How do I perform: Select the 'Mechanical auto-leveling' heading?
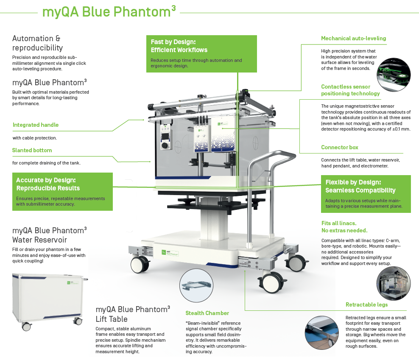click(353, 39)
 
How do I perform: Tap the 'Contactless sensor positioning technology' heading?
click(350, 90)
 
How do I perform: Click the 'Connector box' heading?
click(339, 148)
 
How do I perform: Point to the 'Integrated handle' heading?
click(36, 125)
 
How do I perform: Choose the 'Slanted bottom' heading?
click(32, 151)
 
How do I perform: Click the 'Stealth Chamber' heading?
click(207, 313)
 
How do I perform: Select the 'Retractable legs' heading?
click(366, 305)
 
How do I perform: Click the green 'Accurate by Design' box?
click(62, 192)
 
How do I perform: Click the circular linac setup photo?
click(393, 283)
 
